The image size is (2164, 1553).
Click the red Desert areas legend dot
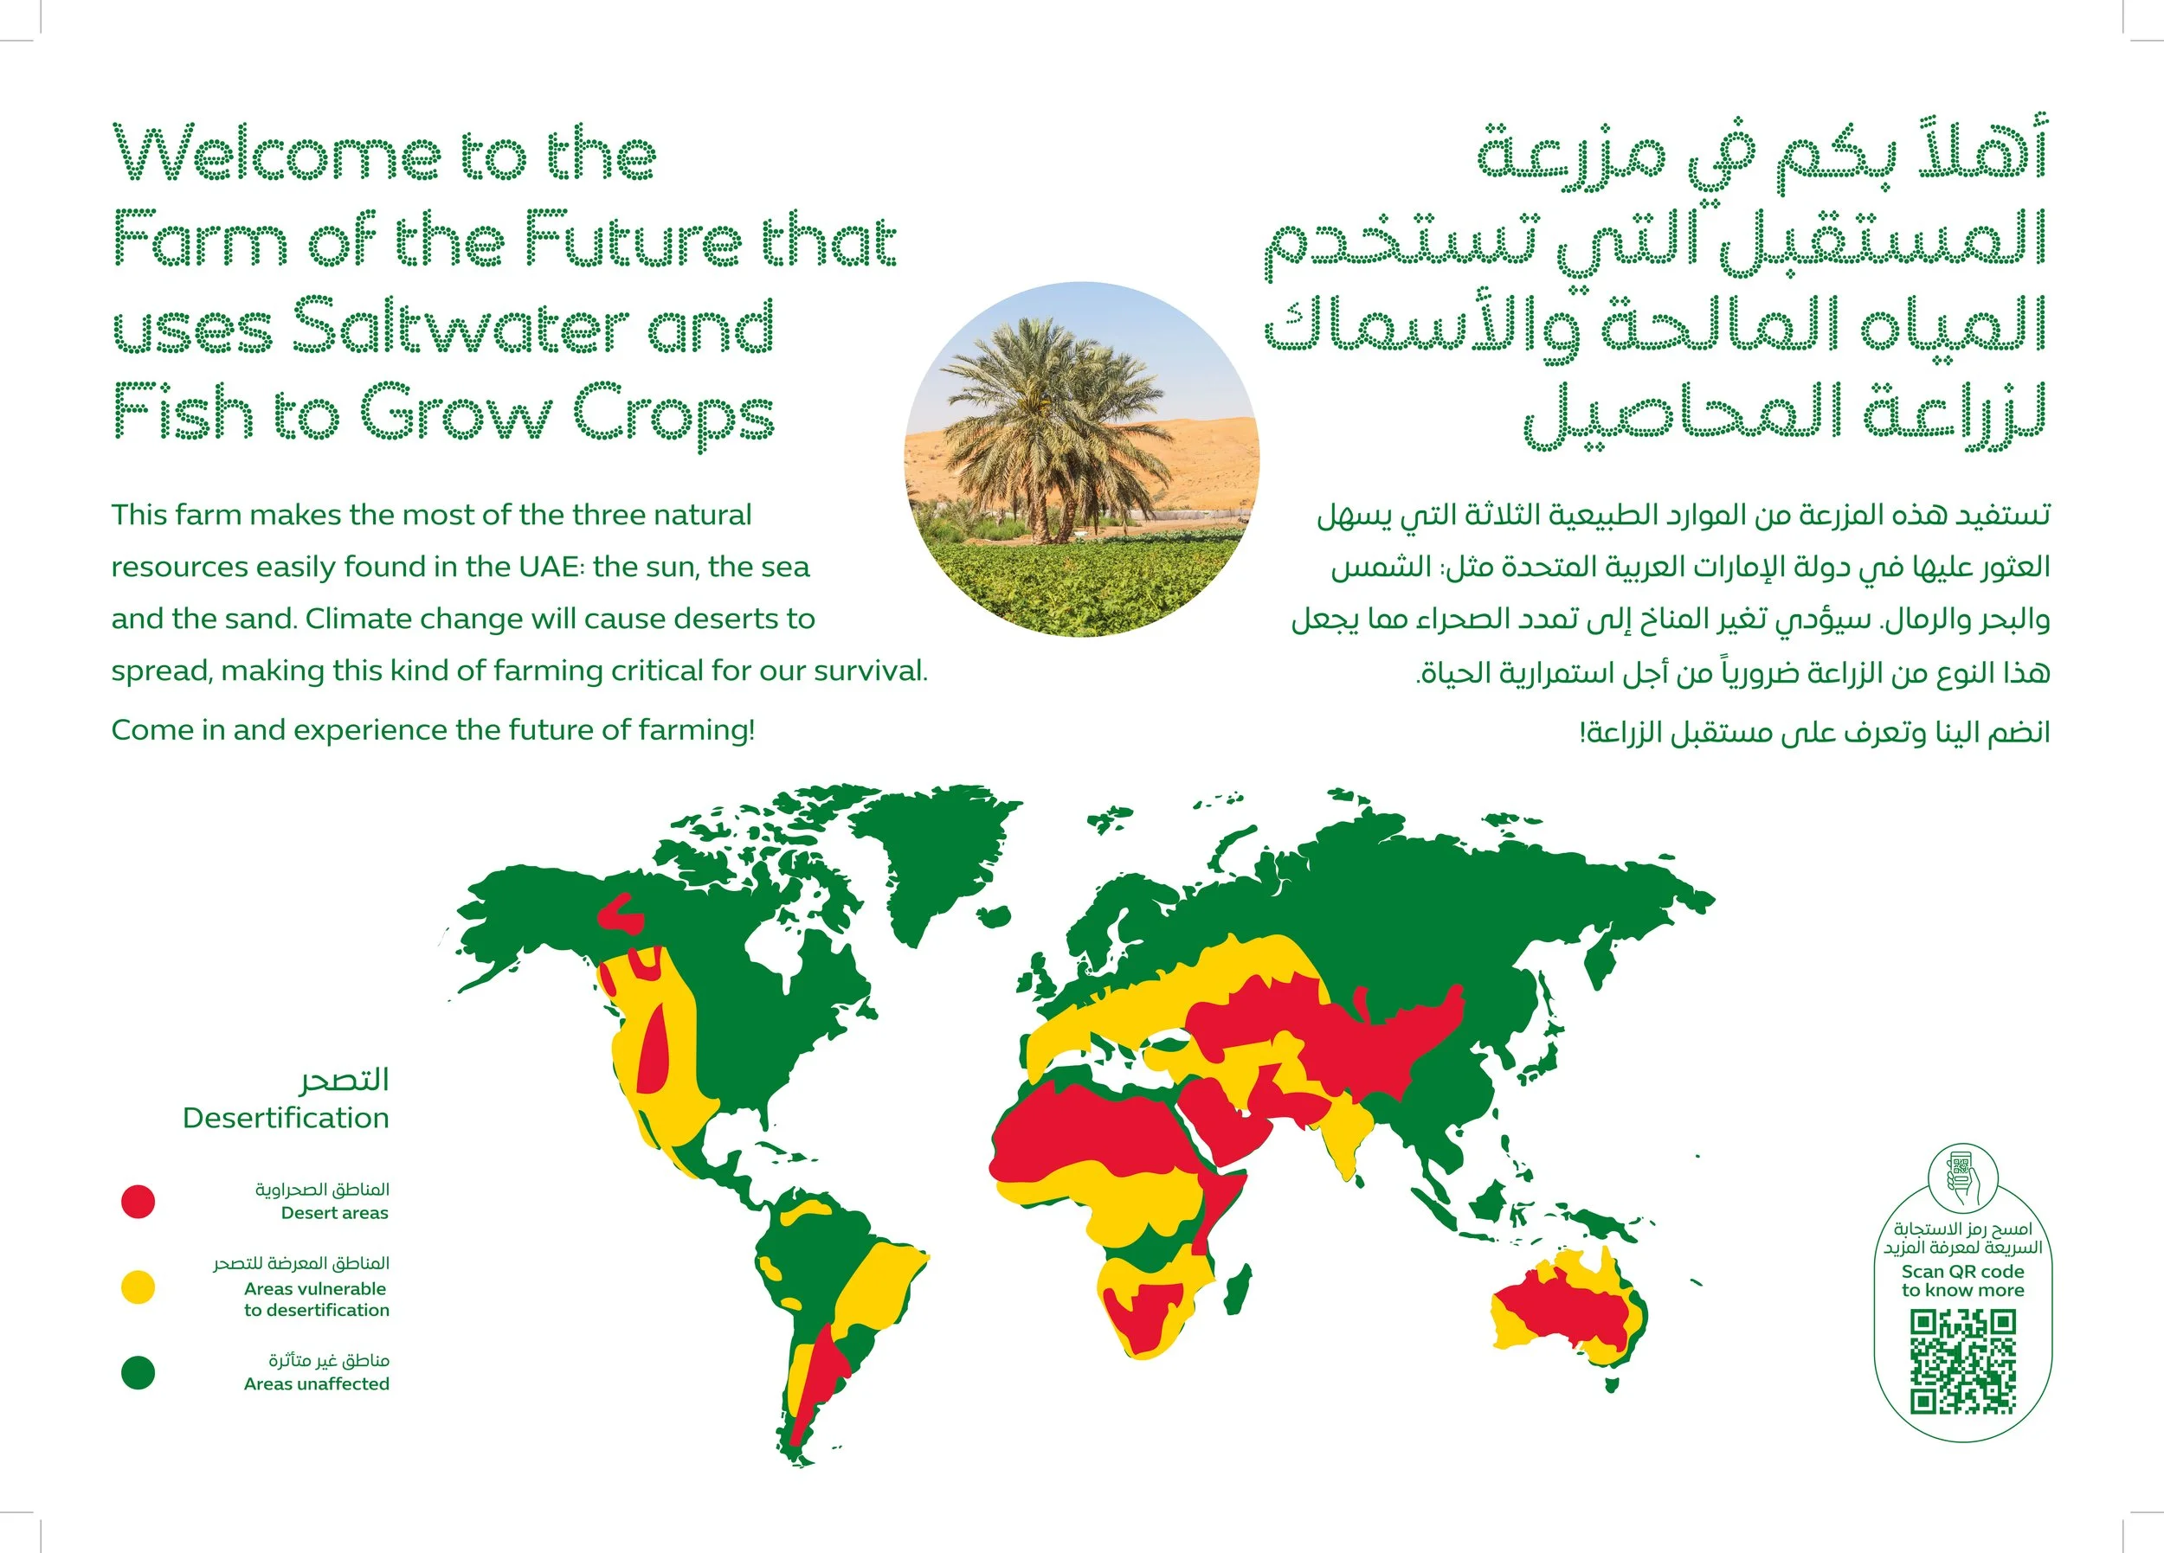(138, 1202)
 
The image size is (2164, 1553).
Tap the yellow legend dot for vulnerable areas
(138, 1287)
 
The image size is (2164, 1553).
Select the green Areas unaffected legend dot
(138, 1373)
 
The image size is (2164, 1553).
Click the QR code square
(1962, 1362)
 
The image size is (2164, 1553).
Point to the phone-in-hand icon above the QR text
(1961, 1179)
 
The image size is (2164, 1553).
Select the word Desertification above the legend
(286, 1118)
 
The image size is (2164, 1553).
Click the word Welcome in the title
(277, 155)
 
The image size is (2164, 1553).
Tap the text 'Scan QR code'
(1961, 1272)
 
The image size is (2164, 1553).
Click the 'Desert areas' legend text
(334, 1213)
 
